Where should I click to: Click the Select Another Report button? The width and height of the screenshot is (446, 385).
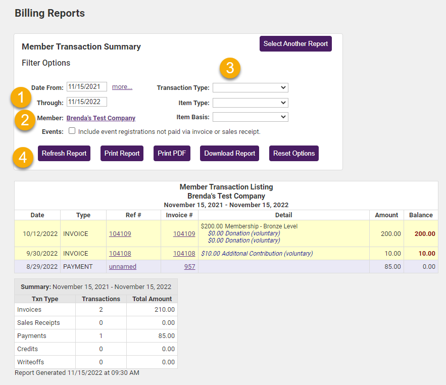(295, 43)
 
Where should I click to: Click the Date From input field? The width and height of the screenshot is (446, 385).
(86, 86)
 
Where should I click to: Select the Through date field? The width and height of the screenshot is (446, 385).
(86, 102)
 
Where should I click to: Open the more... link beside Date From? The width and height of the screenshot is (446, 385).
(122, 87)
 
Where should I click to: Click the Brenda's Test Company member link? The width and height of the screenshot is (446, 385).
(101, 118)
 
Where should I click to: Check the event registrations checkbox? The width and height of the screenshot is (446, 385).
(72, 131)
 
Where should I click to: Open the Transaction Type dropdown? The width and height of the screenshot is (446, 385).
(250, 87)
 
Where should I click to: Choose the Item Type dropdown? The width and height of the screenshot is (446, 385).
(250, 103)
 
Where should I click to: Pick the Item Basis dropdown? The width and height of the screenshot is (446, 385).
(250, 117)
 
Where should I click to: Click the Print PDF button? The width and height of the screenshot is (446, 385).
(172, 153)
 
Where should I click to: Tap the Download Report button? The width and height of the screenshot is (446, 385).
(229, 153)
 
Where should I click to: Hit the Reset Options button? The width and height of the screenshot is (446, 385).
(294, 153)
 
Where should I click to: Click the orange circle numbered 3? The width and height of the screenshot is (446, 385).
(230, 68)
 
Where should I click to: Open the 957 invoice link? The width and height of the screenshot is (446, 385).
(189, 267)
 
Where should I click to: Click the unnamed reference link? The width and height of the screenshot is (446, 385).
(123, 267)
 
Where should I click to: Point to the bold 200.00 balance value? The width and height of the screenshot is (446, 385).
(424, 234)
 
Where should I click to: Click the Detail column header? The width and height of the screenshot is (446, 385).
(283, 215)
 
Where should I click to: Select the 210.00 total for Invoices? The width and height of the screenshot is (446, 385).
(165, 310)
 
